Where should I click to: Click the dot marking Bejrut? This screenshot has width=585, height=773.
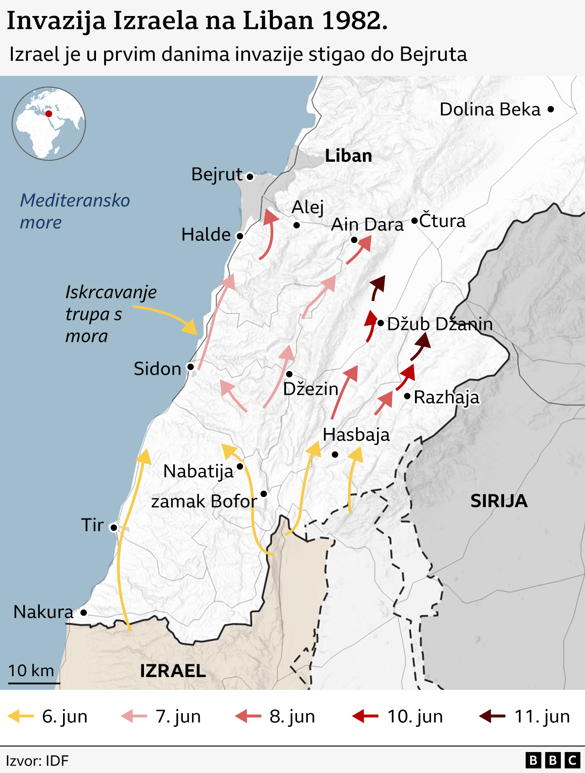[x=250, y=176]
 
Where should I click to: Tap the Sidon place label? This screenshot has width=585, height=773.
[x=157, y=369]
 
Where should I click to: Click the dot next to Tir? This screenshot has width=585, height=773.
[x=114, y=528]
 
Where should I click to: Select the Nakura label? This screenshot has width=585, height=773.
[x=43, y=612]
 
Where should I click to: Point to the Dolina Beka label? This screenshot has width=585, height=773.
[x=490, y=110]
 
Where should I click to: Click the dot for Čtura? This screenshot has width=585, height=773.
[x=414, y=221]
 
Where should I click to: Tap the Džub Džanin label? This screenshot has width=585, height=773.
[x=440, y=324]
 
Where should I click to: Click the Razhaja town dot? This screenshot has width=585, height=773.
[x=407, y=396]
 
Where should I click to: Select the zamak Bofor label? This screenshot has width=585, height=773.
[x=204, y=501]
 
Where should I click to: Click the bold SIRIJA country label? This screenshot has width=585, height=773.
[x=499, y=501]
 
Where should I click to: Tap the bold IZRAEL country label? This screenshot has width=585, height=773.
[x=173, y=671]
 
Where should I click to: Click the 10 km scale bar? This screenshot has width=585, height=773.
[x=34, y=683]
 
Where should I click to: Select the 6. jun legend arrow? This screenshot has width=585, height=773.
[x=21, y=716]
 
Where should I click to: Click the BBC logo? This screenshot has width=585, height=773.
[x=552, y=760]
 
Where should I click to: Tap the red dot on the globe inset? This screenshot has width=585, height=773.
[x=48, y=114]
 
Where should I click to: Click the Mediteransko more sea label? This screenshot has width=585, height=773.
[x=74, y=211]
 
